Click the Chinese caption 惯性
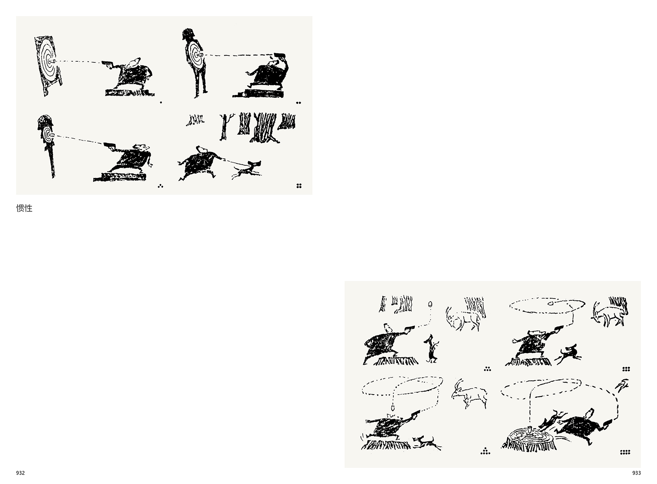[x=24, y=208]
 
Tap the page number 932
[x=20, y=473]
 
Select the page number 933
[x=636, y=473]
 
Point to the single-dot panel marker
[x=161, y=103]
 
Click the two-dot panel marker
[x=299, y=103]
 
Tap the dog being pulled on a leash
[x=247, y=169]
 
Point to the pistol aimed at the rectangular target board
[x=107, y=64]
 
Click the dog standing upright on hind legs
[x=430, y=349]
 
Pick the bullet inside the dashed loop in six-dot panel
[x=550, y=303]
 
